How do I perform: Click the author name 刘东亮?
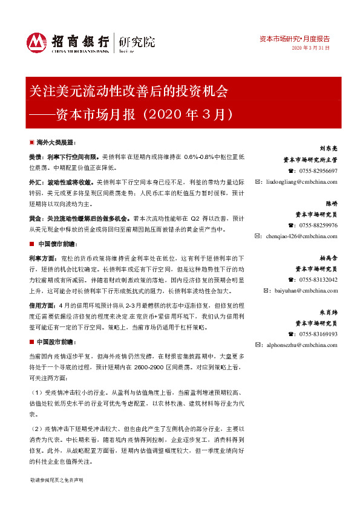tap(328, 148)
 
